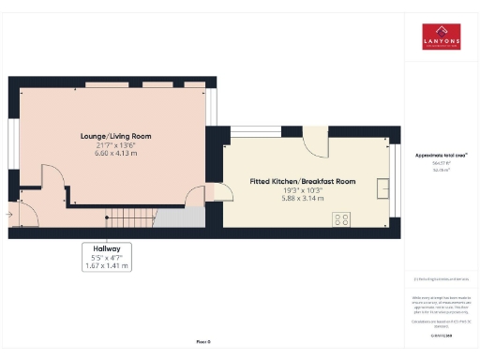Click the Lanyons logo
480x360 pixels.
[x=440, y=37]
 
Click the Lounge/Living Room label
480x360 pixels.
[x=115, y=136]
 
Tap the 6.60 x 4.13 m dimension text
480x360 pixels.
[x=115, y=153]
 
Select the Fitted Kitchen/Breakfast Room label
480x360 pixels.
[x=302, y=180]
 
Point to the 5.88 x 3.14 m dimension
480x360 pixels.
[x=302, y=198]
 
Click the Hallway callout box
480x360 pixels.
[x=106, y=257]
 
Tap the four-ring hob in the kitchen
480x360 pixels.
[x=342, y=220]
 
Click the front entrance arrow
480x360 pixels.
[x=8, y=215]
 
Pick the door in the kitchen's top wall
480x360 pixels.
[x=315, y=144]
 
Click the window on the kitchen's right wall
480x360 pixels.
[x=397, y=183]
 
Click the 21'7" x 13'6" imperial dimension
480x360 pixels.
[x=115, y=144]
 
